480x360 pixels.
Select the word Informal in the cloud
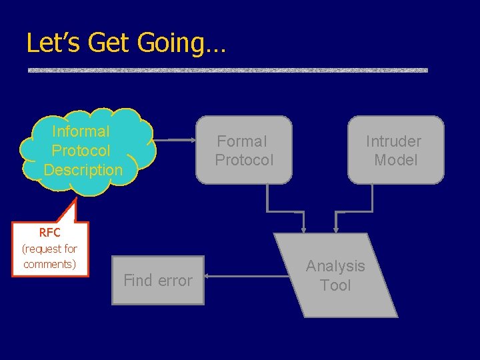[81, 131]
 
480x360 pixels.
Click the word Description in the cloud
[83, 170]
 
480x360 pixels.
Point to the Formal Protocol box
[244, 150]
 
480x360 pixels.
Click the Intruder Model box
[395, 150]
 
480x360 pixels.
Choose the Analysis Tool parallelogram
[335, 275]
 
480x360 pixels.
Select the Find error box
[158, 280]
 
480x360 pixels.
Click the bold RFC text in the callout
[49, 233]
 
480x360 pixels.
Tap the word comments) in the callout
[49, 264]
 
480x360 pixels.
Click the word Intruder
[393, 141]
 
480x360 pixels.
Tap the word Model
[396, 160]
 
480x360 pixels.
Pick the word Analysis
[335, 266]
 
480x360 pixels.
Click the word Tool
[335, 285]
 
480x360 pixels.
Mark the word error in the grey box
[175, 281]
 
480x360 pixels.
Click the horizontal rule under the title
[227, 70]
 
